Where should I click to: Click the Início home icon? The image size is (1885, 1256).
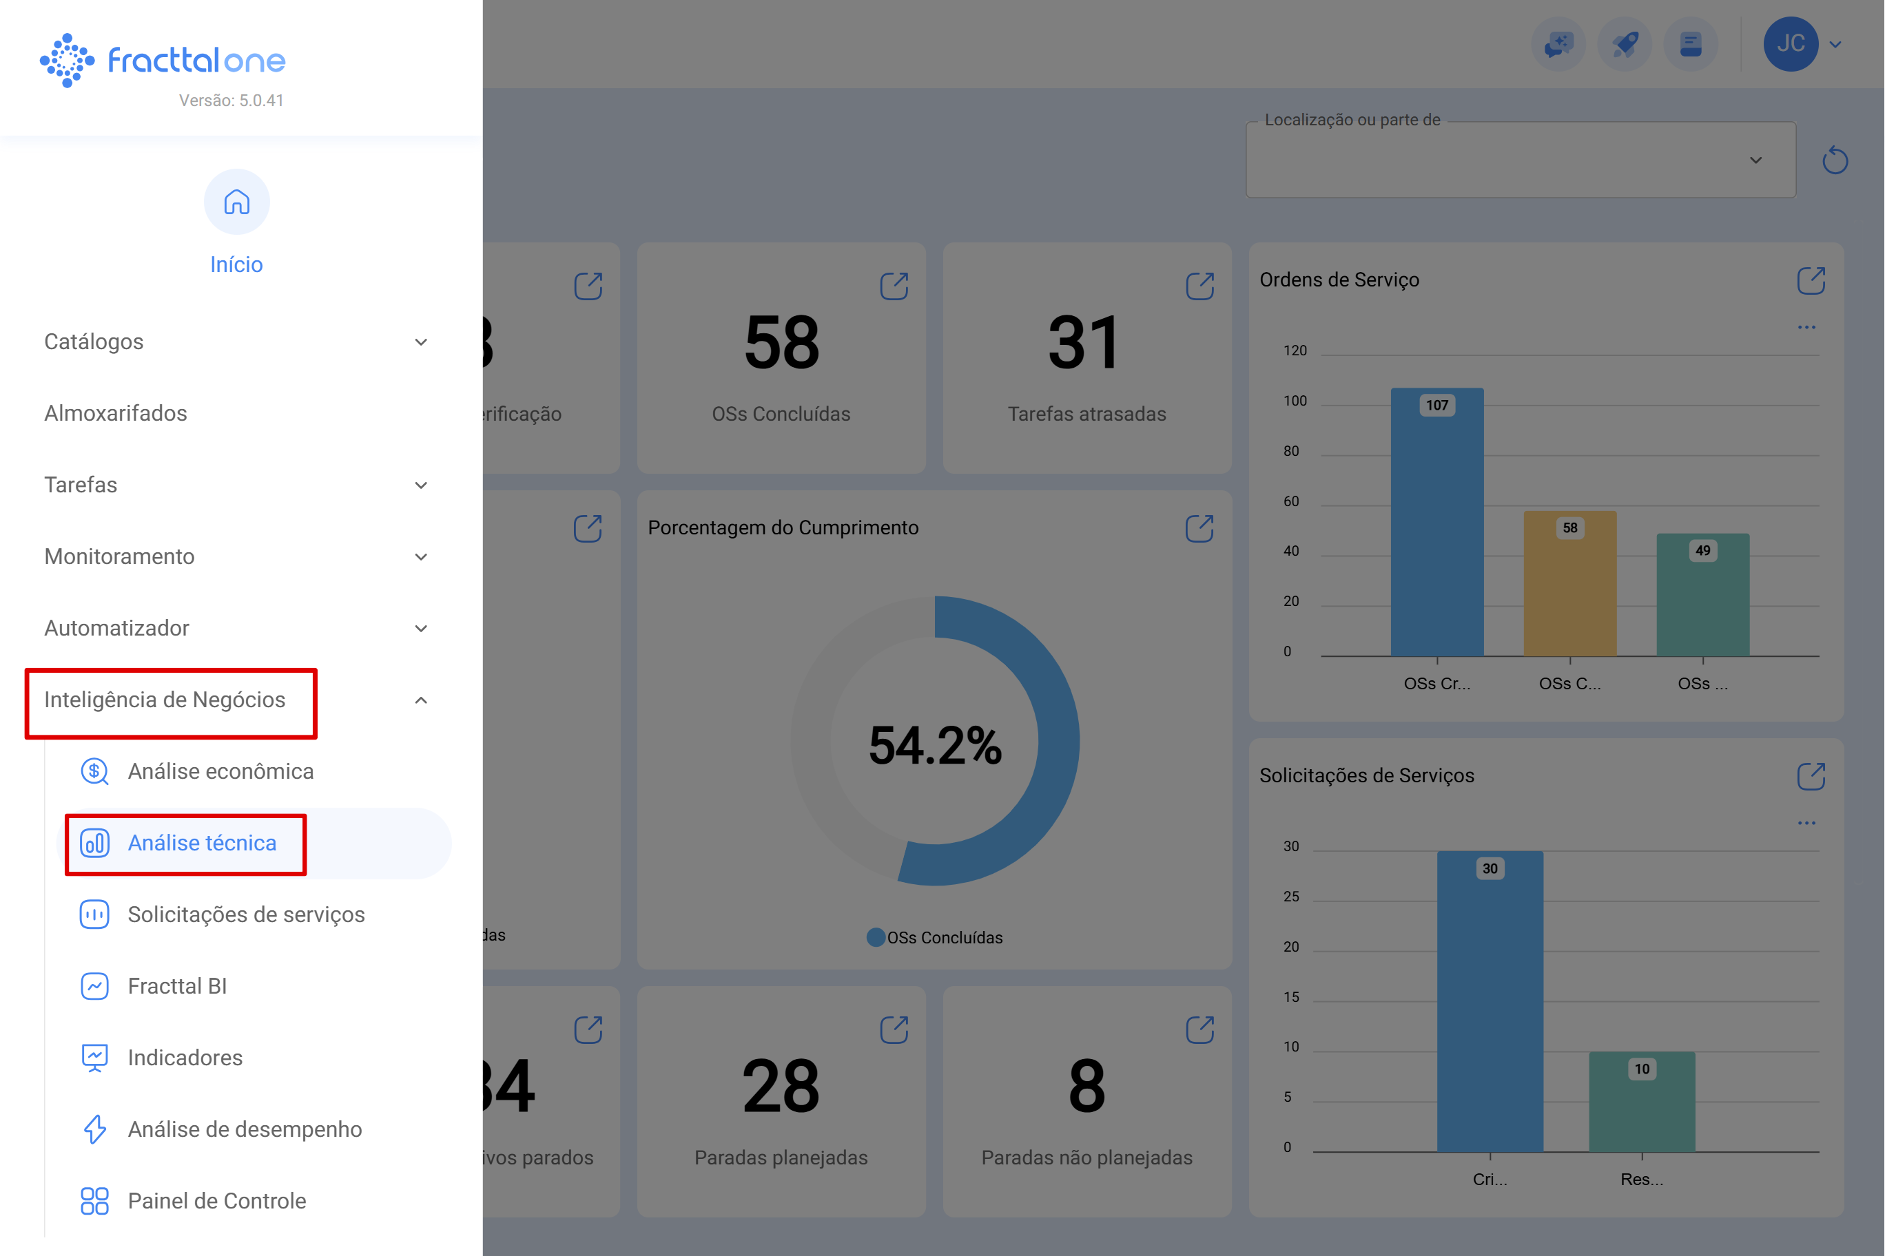(236, 202)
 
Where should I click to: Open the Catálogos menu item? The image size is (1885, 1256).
(94, 342)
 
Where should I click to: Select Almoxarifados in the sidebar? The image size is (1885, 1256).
(116, 413)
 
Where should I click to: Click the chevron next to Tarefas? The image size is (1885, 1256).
(421, 485)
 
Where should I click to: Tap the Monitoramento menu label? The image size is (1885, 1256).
(119, 556)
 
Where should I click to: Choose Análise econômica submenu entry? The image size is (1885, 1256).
(220, 771)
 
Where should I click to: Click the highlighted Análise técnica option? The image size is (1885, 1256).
(202, 843)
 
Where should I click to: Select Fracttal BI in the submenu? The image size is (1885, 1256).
(177, 986)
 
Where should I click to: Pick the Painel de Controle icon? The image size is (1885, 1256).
(94, 1201)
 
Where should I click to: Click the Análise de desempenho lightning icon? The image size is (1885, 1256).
(94, 1129)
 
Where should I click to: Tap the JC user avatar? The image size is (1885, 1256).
(1790, 44)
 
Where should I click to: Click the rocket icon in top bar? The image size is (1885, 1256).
(1625, 44)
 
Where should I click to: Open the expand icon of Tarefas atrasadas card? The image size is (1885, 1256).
(1199, 286)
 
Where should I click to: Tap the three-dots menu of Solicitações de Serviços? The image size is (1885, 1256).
(1806, 823)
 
